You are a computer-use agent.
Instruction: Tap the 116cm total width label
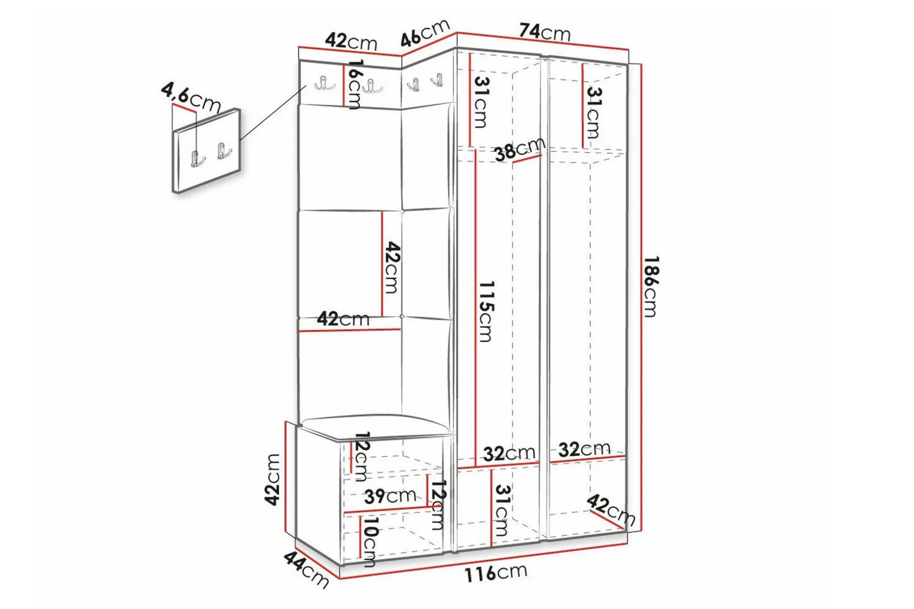[x=496, y=573]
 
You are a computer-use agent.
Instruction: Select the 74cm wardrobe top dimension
[x=544, y=32]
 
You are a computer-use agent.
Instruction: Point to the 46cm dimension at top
[x=426, y=32]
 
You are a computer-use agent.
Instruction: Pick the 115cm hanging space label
[x=486, y=311]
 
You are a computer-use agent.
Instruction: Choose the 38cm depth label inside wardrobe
[x=520, y=149]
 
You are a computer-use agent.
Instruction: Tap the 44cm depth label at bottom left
[x=306, y=569]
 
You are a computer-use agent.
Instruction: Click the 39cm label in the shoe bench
[x=390, y=496]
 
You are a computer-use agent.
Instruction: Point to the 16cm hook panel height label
[x=354, y=84]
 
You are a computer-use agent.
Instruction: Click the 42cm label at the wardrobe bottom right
[x=611, y=510]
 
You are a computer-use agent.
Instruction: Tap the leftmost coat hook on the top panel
[x=324, y=84]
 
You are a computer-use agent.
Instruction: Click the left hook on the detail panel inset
[x=198, y=159]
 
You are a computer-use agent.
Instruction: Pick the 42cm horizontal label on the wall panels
[x=343, y=319]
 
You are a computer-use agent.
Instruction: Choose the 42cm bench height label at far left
[x=272, y=479]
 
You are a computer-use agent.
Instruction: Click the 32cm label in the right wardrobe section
[x=584, y=449]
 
